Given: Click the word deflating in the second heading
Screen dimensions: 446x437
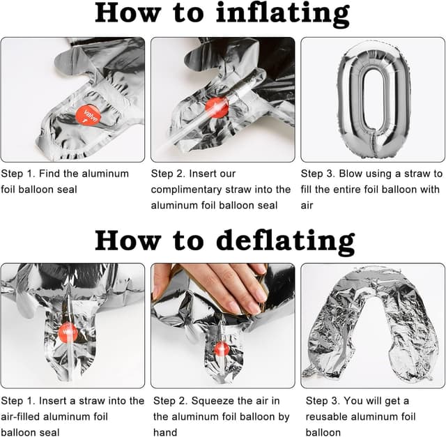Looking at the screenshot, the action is pos(286,242).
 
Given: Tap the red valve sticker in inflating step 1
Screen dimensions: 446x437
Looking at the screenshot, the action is pos(89,114).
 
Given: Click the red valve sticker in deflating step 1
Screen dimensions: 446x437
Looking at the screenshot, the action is pos(68,332).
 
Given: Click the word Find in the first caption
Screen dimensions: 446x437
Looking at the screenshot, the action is pos(49,174).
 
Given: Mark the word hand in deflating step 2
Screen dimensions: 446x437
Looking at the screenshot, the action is pos(165,432).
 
